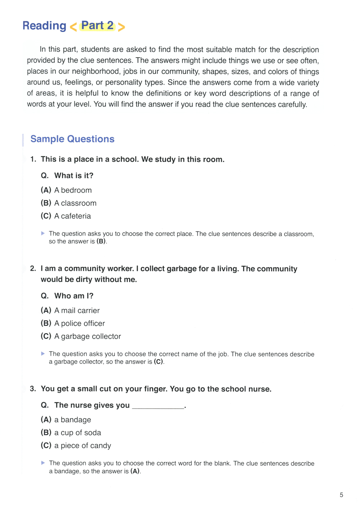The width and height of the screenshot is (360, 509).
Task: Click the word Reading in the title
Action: coord(44,26)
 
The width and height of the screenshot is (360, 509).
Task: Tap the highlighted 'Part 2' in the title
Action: coord(97,26)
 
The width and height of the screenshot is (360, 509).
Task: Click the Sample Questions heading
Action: coord(72,139)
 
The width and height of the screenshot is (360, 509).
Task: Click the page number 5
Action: coord(341,495)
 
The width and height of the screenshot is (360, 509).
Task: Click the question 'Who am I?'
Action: coord(73,296)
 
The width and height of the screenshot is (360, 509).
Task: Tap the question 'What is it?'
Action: coord(73,176)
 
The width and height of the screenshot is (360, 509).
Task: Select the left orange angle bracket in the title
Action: coord(73,27)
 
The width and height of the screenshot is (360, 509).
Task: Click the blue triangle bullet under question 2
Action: coord(43,354)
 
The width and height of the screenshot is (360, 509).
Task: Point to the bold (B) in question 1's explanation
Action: coord(101,241)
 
